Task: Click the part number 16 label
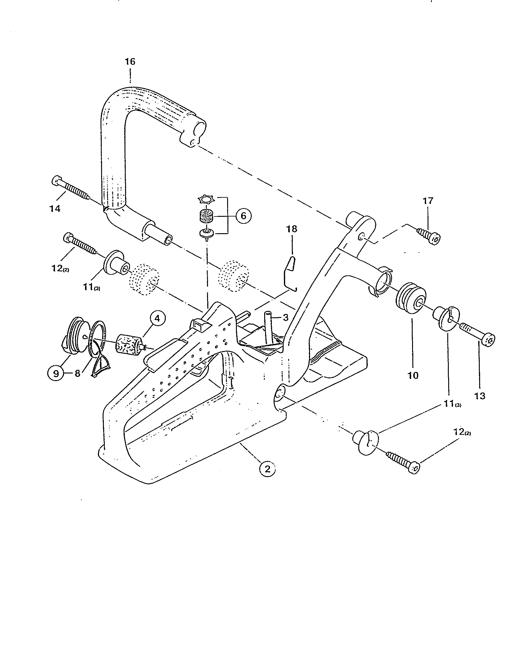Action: tap(130, 62)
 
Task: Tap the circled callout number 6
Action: tap(244, 216)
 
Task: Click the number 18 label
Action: tap(292, 229)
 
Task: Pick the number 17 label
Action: tap(428, 201)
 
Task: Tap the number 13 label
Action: tap(479, 396)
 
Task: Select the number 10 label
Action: tap(413, 375)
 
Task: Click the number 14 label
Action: tap(55, 209)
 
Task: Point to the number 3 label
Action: tap(285, 318)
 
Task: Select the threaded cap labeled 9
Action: tap(74, 337)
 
